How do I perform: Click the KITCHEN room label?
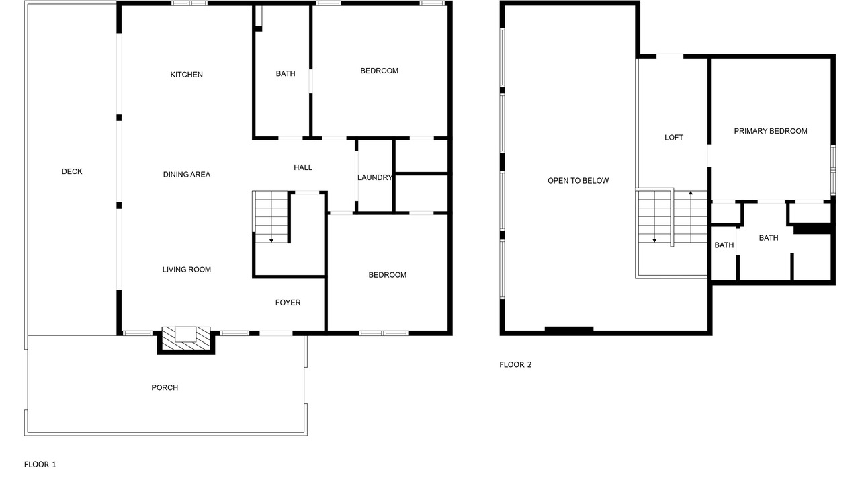186,75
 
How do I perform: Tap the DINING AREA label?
187,175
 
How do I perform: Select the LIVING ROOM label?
187,270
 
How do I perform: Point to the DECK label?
72,171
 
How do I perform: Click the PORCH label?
165,388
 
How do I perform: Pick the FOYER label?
288,302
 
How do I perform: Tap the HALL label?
303,167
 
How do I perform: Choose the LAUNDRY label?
375,177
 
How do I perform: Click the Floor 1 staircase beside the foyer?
271,216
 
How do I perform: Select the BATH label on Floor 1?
286,73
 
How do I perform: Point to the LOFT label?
674,138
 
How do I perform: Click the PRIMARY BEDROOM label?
771,131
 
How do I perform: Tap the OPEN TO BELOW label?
578,181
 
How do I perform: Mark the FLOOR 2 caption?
515,364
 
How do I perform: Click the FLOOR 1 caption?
40,465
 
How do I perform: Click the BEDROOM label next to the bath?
380,71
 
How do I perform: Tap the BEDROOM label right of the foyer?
388,275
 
